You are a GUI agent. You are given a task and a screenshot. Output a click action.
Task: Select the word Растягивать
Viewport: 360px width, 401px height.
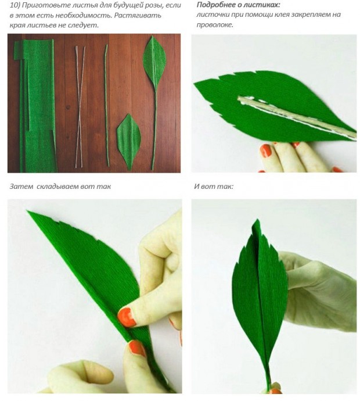click(x=138, y=15)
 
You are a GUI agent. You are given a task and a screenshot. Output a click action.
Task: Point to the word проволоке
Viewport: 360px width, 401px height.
click(x=215, y=25)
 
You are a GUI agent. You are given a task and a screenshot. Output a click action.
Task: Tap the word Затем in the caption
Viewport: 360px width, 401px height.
click(x=21, y=186)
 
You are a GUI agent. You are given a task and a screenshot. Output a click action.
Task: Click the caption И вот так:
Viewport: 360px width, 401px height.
click(x=214, y=186)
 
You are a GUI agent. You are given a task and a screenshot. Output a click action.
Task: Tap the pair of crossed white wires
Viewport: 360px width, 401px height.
click(x=80, y=107)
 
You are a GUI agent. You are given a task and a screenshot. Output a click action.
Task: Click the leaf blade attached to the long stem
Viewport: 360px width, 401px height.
click(x=155, y=63)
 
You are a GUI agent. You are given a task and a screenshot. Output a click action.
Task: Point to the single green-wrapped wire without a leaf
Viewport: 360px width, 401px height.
click(x=106, y=105)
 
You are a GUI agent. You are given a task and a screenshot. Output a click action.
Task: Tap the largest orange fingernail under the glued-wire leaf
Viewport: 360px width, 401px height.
click(x=266, y=151)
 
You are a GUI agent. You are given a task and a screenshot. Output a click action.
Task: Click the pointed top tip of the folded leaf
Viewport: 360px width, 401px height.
click(x=27, y=211)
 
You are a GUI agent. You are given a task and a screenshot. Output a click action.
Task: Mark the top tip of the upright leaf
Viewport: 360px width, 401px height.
click(x=257, y=220)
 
